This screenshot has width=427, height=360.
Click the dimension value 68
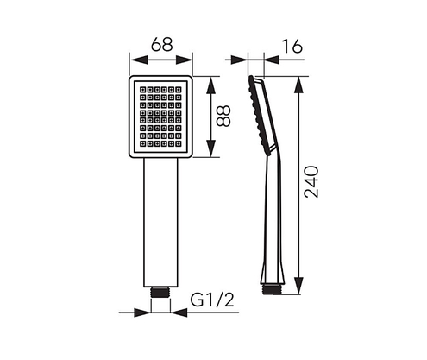[161, 42]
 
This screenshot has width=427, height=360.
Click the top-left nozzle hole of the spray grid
[141, 87]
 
